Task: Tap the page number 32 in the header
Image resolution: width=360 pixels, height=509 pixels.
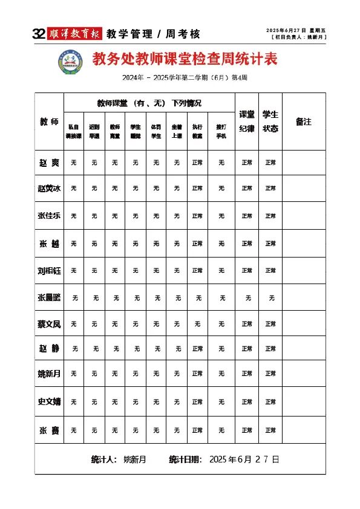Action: [39, 34]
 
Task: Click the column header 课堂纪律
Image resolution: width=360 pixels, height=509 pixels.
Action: [247, 121]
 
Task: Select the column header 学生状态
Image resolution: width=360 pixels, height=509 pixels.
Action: [270, 121]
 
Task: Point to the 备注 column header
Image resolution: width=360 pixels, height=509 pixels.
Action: [304, 122]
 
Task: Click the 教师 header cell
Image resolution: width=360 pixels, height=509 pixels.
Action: [49, 122]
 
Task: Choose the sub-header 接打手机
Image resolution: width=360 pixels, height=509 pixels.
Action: [221, 131]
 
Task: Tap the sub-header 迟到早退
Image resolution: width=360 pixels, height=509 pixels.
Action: [94, 131]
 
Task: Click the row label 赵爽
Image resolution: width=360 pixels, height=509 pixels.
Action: [49, 162]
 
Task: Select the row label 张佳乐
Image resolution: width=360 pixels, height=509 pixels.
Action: [49, 215]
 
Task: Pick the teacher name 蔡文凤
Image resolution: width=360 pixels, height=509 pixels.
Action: [49, 324]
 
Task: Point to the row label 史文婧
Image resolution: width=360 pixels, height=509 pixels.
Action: [49, 401]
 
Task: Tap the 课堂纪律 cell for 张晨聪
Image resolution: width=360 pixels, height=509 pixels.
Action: [247, 297]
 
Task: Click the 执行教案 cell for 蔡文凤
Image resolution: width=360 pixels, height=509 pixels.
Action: [197, 324]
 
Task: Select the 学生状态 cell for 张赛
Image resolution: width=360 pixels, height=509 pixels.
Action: [270, 430]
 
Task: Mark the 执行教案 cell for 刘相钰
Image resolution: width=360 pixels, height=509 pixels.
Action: [197, 270]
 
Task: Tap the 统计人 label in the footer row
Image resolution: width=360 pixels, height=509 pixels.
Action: [103, 459]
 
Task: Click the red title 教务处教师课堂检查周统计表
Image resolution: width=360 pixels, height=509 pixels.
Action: [185, 59]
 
